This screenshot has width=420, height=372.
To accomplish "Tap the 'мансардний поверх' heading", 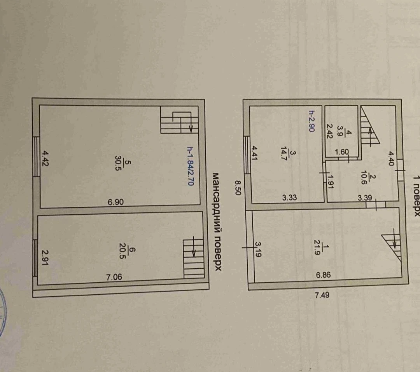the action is click(217, 222).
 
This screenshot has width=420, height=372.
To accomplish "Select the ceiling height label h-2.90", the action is click(311, 121).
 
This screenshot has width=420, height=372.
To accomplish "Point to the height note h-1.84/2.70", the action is click(190, 166).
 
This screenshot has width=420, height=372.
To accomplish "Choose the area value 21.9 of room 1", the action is click(317, 249).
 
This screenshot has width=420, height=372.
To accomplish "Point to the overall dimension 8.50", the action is click(238, 188).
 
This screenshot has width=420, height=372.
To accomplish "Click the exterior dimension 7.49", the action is click(322, 295).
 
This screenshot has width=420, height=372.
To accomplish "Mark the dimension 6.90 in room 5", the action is click(116, 202).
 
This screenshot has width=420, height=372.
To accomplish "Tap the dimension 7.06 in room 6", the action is click(114, 277).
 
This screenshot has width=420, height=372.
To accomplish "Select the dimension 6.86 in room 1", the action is click(323, 275).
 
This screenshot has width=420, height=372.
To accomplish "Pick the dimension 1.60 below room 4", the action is click(342, 152).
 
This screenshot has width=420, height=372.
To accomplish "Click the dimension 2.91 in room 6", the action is click(45, 257).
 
